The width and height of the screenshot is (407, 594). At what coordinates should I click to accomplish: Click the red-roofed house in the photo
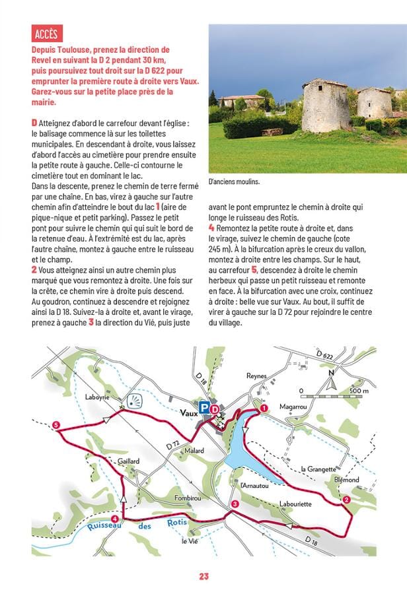coord(242,100)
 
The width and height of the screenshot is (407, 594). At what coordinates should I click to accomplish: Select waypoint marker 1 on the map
coord(265,409)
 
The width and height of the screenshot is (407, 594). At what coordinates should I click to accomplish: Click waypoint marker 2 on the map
coord(347,500)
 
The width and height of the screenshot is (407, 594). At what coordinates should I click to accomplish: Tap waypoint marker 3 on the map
coord(235,505)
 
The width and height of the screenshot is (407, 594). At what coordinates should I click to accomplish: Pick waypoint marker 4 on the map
coord(116,519)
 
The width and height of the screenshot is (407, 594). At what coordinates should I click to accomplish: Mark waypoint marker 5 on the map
coord(56,424)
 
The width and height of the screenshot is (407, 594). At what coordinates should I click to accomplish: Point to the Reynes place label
coord(256,376)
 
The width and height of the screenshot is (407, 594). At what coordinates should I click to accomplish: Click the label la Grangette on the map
coord(318,469)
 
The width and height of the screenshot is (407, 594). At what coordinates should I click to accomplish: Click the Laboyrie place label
coord(99,397)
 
